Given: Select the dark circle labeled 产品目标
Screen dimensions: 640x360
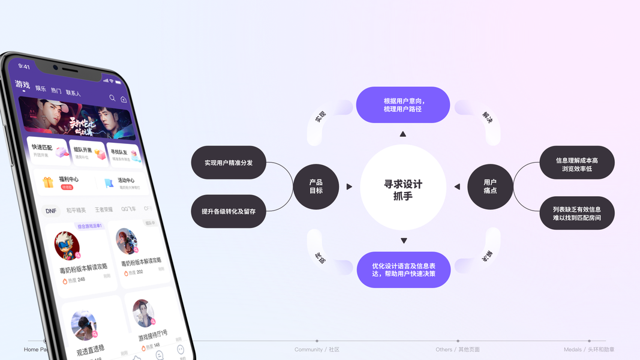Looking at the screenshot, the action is (316, 187).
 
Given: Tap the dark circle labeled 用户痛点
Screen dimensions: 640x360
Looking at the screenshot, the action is (490, 187).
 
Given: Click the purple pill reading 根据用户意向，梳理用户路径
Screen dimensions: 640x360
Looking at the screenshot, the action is (403, 105).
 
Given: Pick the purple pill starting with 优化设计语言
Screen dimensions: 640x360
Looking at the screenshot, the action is (403, 270).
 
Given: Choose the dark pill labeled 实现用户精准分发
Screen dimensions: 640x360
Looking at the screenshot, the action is (229, 163).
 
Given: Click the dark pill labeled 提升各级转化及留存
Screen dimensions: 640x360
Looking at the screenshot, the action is (229, 211).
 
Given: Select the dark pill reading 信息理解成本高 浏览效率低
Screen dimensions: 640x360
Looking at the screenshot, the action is (577, 163).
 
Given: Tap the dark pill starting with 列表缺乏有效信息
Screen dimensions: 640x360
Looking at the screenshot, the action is (577, 213).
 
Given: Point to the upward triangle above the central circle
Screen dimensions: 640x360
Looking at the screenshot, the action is (403, 134).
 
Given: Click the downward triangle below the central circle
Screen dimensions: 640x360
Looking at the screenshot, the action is (404, 241).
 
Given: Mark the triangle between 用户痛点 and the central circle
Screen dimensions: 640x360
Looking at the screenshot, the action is (457, 187).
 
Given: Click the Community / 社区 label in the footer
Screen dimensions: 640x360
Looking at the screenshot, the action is (317, 349).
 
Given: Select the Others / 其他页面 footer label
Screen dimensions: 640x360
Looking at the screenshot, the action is (458, 349).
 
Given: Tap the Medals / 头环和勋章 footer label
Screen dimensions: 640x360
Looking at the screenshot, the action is (589, 349).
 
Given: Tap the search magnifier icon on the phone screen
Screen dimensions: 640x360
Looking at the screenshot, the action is (112, 98).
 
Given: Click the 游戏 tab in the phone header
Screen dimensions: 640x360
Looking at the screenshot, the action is (23, 85).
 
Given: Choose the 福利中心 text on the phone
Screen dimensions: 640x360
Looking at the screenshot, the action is (69, 179).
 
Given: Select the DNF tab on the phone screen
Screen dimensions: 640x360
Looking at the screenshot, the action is (51, 211).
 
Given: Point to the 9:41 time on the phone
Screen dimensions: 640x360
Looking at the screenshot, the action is (24, 67).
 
